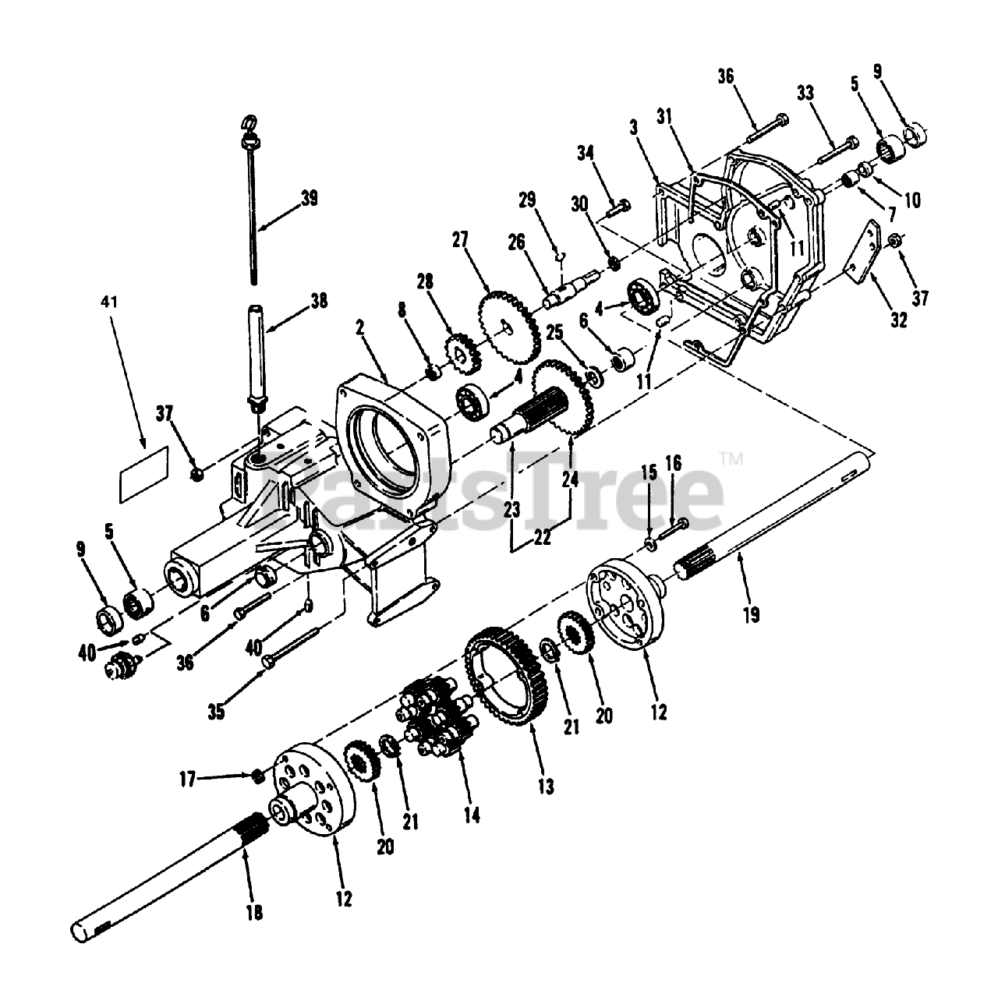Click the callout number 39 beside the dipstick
[310, 199]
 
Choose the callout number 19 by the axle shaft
[752, 616]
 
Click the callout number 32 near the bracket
[899, 319]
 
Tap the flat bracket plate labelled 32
[867, 257]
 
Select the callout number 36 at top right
[726, 76]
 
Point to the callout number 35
[217, 711]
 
